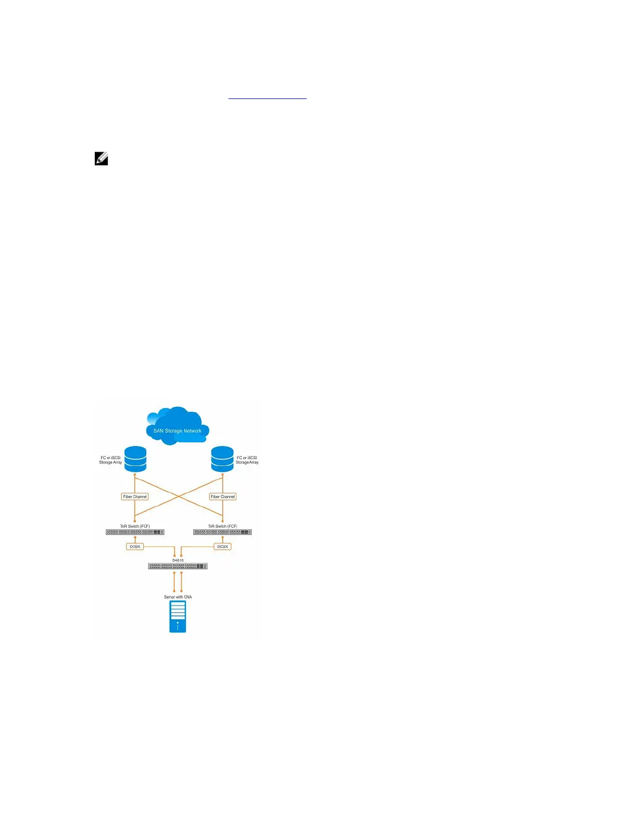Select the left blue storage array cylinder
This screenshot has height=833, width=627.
click(135, 459)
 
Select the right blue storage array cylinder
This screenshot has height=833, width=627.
click(222, 459)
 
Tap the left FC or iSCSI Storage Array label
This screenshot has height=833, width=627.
click(111, 460)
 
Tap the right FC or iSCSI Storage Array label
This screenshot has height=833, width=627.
click(247, 460)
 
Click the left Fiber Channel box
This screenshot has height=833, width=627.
click(135, 497)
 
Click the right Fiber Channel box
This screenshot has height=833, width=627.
click(223, 497)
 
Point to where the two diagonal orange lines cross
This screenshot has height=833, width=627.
click(179, 496)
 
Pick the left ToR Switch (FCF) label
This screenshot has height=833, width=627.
click(135, 526)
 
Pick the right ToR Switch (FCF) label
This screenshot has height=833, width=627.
click(222, 526)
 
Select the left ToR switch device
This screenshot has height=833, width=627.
click(135, 532)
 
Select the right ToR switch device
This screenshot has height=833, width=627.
click(222, 532)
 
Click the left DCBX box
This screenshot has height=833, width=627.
click(135, 547)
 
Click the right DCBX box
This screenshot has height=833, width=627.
click(223, 547)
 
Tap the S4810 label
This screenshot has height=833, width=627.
click(178, 560)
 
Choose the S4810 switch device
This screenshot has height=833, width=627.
click(178, 567)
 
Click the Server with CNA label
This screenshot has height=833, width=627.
click(178, 597)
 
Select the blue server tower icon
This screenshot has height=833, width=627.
click(178, 617)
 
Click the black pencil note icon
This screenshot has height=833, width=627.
click(102, 158)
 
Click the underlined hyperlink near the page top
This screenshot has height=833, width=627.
click(267, 97)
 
